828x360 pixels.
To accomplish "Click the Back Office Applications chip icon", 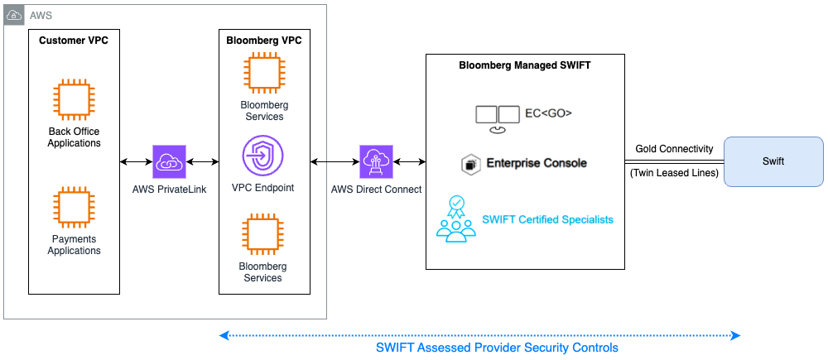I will (x=74, y=99).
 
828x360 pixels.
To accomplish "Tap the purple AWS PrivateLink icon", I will (x=170, y=161).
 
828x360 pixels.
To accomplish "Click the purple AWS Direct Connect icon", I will (x=377, y=161).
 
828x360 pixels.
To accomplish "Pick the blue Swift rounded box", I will (x=773, y=161).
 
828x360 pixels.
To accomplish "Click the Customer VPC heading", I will (x=74, y=40).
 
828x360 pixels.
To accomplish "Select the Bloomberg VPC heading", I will (x=263, y=40).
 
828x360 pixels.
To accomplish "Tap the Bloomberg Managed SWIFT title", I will (x=525, y=65).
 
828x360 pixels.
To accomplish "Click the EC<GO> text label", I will (x=549, y=113).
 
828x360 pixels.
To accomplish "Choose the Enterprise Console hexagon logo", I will (x=471, y=164).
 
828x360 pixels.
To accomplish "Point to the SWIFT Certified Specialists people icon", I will (x=455, y=219).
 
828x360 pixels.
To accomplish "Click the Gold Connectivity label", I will (x=674, y=149).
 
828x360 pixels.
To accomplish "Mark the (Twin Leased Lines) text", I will (x=674, y=173).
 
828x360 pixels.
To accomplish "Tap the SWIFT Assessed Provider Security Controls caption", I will (x=497, y=348).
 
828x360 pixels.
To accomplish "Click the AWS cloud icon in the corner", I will (x=15, y=15).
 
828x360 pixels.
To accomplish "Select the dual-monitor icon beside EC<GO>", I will (x=497, y=116).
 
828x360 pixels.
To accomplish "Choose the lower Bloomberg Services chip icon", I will (x=263, y=235).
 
